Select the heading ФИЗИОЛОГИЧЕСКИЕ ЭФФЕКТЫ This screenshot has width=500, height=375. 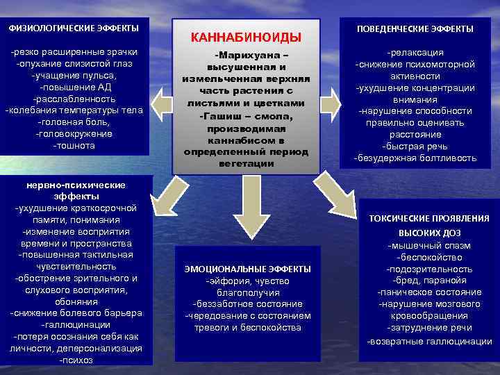coord(74,28)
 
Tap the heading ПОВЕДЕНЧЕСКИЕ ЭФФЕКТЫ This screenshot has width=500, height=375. coord(415,29)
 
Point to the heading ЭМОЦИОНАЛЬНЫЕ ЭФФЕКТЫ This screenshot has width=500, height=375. coord(247,268)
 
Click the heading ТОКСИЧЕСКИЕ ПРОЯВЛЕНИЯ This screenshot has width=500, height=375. coord(429,218)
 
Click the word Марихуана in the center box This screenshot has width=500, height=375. coord(248,55)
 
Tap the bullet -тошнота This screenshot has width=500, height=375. coord(74,146)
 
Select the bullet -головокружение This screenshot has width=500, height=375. coord(75,134)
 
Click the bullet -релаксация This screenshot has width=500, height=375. coord(415,52)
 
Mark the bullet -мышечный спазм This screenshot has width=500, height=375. coord(429,245)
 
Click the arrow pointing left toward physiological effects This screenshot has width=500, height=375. coord(160,104)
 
